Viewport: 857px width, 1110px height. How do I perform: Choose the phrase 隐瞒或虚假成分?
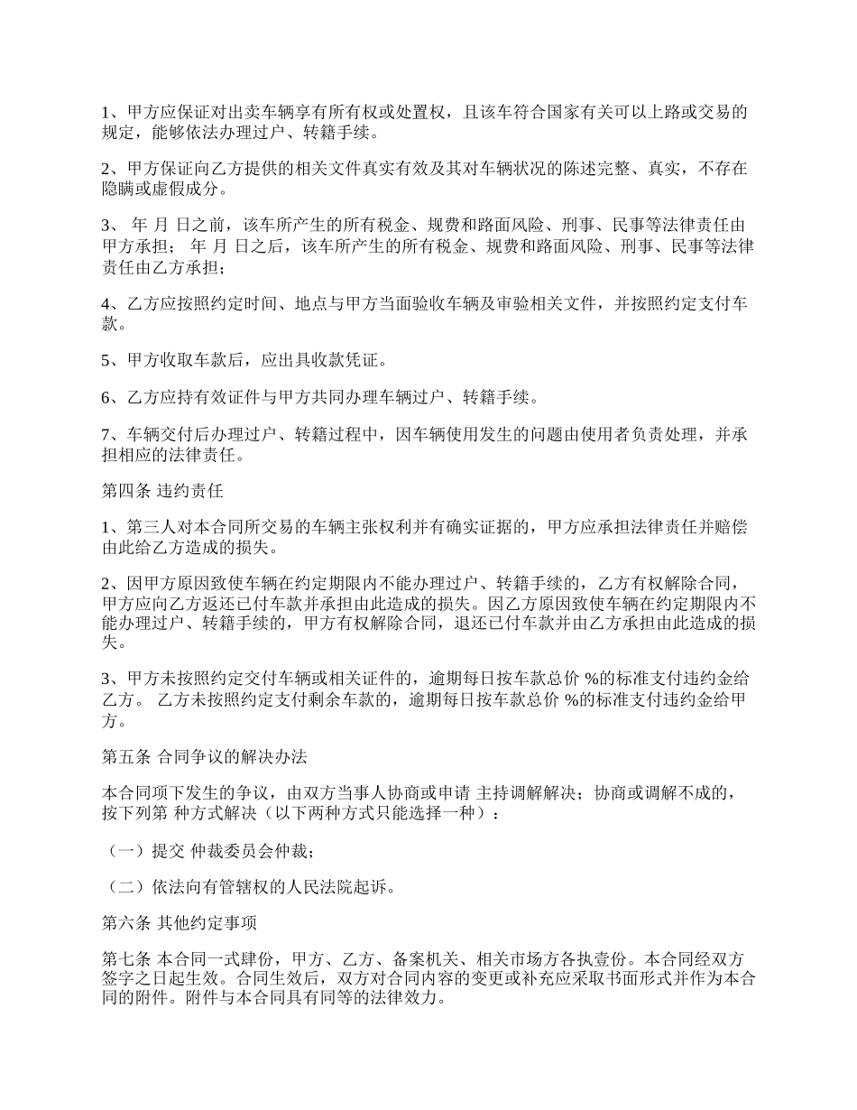tap(158, 190)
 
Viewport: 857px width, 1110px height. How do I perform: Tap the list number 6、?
tap(112, 397)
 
